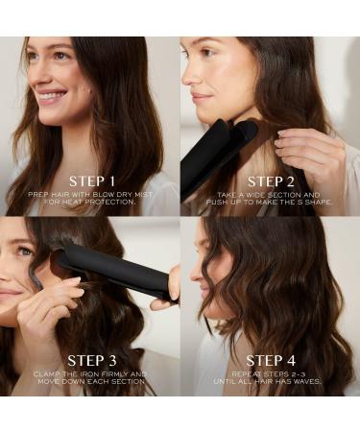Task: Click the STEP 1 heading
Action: (x=92, y=181)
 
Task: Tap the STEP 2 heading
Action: (x=271, y=181)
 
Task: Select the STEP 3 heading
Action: (x=92, y=361)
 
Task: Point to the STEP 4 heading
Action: (x=271, y=361)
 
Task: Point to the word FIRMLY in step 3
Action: (x=116, y=373)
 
